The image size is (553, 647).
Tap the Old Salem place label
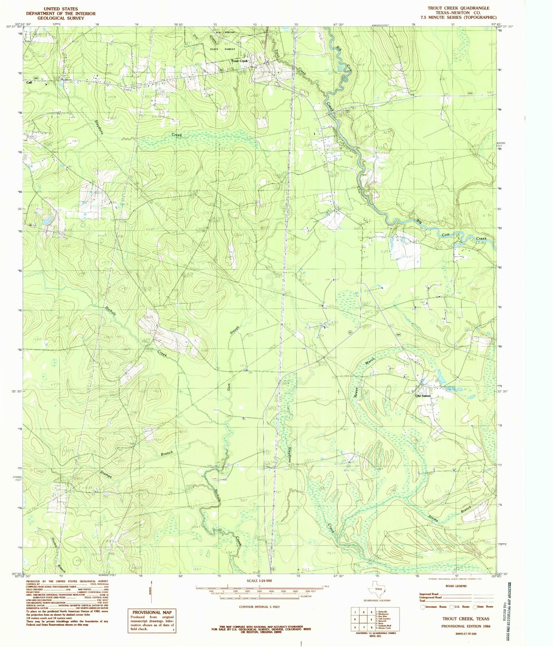click(423, 396)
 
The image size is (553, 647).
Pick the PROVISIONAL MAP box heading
click(152, 612)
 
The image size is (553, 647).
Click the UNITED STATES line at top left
click(60, 8)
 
